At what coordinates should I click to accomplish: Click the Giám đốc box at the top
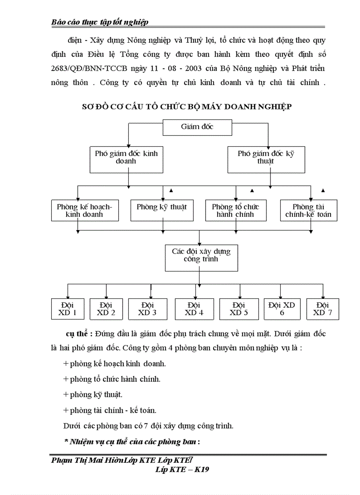[197, 127]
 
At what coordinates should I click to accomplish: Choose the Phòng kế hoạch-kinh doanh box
[84, 210]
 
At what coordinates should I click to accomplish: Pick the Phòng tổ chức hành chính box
[235, 210]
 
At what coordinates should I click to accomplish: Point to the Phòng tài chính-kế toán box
[309, 210]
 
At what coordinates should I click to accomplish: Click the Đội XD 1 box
[67, 309]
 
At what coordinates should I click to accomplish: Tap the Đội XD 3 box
[147, 309]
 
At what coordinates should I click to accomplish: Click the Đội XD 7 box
[322, 309]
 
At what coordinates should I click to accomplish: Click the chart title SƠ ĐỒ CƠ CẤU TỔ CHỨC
[187, 107]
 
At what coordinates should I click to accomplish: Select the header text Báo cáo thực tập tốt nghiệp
[100, 22]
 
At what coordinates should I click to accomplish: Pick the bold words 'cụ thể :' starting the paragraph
[78, 333]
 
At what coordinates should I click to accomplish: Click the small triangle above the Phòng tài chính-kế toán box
[323, 190]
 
